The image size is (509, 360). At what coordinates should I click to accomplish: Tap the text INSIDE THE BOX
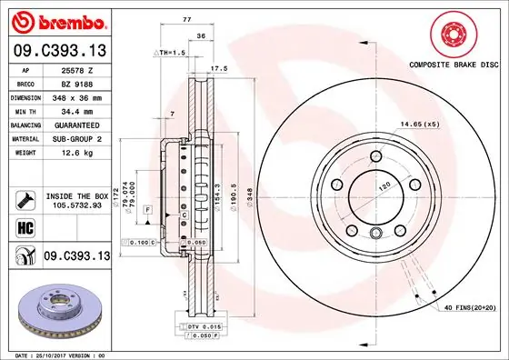75,195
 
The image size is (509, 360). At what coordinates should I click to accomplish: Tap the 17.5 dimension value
218,67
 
